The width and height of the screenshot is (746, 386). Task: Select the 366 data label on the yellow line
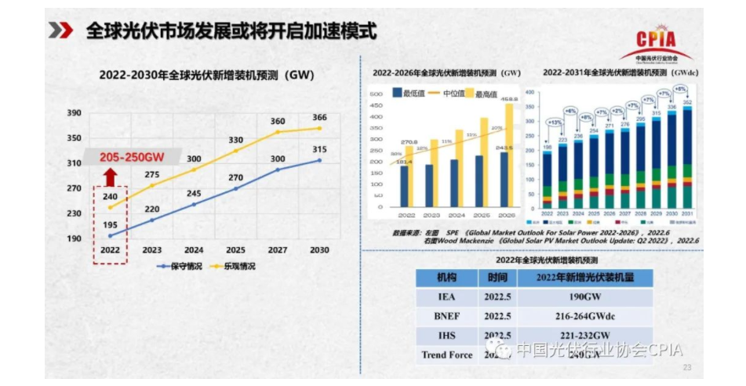[319, 118]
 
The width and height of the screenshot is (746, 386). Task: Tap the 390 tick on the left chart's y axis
[74, 113]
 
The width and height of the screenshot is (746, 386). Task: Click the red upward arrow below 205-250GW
[111, 174]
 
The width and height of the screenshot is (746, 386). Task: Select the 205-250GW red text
[131, 156]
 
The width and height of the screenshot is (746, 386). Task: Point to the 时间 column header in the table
[497, 277]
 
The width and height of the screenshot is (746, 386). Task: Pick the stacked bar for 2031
[687, 157]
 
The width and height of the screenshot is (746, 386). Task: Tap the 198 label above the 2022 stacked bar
[547, 147]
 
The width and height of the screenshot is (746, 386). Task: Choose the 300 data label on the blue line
[278, 158]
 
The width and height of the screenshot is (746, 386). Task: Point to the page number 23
[688, 367]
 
